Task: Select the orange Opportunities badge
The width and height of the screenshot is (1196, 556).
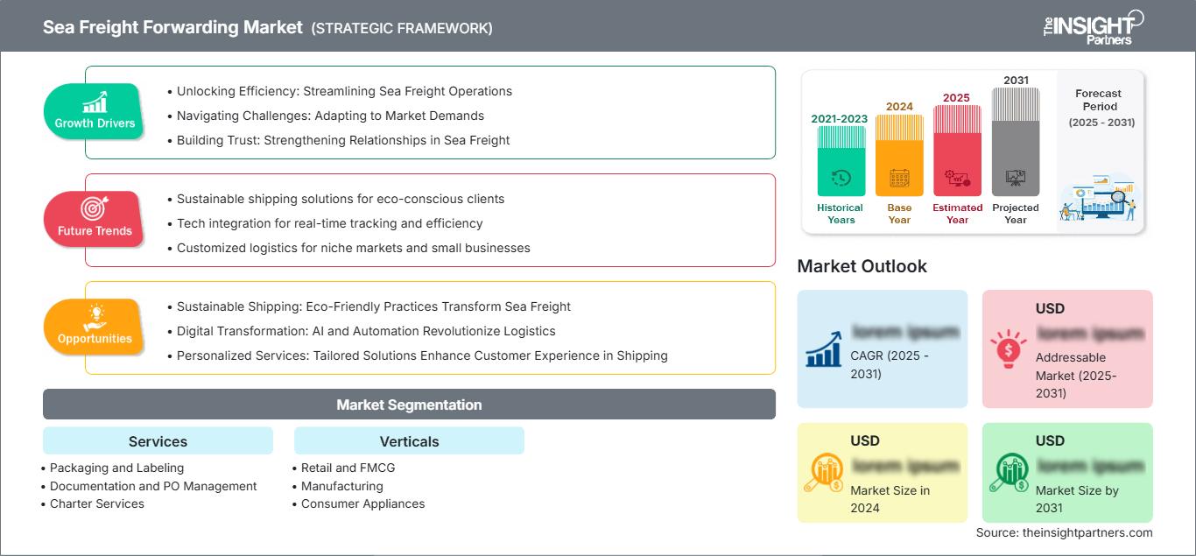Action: tap(94, 327)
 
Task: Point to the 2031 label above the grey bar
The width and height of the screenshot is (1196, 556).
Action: tap(1016, 81)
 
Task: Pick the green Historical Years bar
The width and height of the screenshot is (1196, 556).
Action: tap(841, 161)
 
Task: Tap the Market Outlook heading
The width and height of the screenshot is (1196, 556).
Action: tap(862, 266)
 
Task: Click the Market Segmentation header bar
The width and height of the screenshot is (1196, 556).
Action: tap(409, 405)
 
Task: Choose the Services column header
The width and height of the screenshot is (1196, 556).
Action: tap(158, 441)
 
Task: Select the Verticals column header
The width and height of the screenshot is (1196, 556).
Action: tap(409, 441)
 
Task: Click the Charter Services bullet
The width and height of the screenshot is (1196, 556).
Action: tap(96, 503)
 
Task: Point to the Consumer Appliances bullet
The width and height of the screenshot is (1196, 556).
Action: tap(362, 503)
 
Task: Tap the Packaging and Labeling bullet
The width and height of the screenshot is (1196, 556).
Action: tap(116, 468)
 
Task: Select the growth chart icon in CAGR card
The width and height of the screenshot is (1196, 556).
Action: tap(824, 349)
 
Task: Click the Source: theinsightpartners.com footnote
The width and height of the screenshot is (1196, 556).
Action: tap(1064, 532)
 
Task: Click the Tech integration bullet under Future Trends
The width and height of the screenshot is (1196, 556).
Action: tap(329, 223)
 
